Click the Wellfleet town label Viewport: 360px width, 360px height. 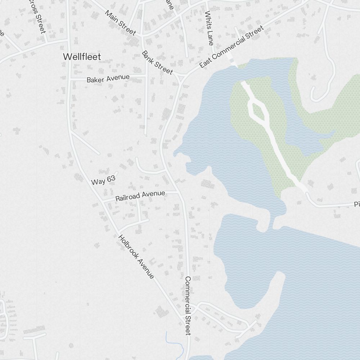(x=82, y=57)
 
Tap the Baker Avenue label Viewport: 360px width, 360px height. (x=108, y=78)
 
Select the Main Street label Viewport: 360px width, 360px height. (x=120, y=23)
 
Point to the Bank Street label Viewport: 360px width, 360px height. (x=157, y=63)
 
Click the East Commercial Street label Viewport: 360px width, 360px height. (x=231, y=47)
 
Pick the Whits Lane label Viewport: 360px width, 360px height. (x=209, y=28)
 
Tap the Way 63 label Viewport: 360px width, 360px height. (x=103, y=181)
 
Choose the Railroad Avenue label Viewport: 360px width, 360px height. (x=140, y=196)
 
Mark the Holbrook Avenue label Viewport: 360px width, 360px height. (x=136, y=257)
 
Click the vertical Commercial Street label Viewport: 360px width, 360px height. (x=188, y=306)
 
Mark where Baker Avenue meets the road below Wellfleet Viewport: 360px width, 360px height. (x=70, y=78)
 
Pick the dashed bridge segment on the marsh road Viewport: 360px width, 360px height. (x=233, y=62)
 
